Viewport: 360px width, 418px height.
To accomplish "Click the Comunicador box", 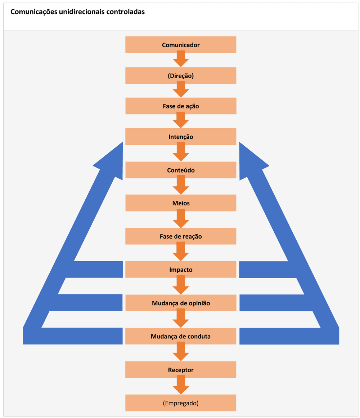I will coord(181,45).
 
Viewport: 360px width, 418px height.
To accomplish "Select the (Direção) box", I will coord(181,76).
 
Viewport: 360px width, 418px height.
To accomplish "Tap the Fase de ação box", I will coord(181,106).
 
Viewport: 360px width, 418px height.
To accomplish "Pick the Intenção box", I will coord(181,137).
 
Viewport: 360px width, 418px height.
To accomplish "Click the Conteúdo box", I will coord(181,170).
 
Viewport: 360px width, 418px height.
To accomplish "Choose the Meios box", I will coord(181,203).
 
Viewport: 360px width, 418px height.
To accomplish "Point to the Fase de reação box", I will coord(181,236).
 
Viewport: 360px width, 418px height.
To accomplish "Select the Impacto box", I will coord(181,270).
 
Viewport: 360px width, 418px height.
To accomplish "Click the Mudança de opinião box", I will coord(181,303).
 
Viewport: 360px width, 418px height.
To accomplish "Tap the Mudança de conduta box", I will coord(181,336).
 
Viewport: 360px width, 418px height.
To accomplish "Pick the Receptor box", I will coord(181,370).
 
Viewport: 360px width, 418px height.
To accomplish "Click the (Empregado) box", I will coord(181,403).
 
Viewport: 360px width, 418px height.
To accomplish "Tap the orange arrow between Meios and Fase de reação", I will coord(181,219).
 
